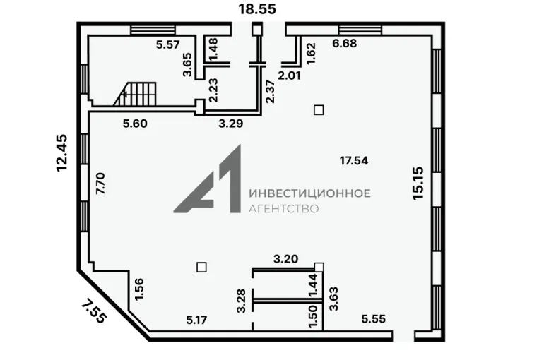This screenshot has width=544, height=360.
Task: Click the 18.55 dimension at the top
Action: click(x=256, y=9)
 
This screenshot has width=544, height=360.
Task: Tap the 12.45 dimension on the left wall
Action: click(x=62, y=152)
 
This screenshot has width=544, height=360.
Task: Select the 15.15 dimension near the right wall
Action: click(x=418, y=183)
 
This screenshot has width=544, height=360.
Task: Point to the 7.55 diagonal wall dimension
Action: click(x=93, y=311)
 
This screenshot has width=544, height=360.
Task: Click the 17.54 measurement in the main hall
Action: click(x=354, y=161)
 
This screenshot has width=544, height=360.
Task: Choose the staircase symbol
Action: click(x=135, y=94)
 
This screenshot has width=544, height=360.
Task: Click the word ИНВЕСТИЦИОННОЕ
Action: click(x=309, y=193)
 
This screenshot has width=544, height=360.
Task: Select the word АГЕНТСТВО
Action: click(x=283, y=208)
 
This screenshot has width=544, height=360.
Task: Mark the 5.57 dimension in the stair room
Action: click(x=168, y=44)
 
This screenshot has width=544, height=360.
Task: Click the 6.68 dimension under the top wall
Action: click(x=345, y=44)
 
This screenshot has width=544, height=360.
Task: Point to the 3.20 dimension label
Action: click(x=286, y=259)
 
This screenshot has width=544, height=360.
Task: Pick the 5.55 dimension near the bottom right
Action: click(x=374, y=319)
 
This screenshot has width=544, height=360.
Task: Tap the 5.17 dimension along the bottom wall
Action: click(x=196, y=320)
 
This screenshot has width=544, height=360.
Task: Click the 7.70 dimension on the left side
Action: click(x=100, y=184)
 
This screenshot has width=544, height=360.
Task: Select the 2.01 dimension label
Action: click(x=290, y=76)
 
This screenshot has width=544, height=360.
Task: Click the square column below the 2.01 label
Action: click(x=319, y=110)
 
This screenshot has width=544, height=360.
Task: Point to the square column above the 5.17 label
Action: click(x=201, y=268)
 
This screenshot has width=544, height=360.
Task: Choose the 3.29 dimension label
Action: click(x=231, y=124)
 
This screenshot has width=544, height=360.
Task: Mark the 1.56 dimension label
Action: click(x=139, y=289)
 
